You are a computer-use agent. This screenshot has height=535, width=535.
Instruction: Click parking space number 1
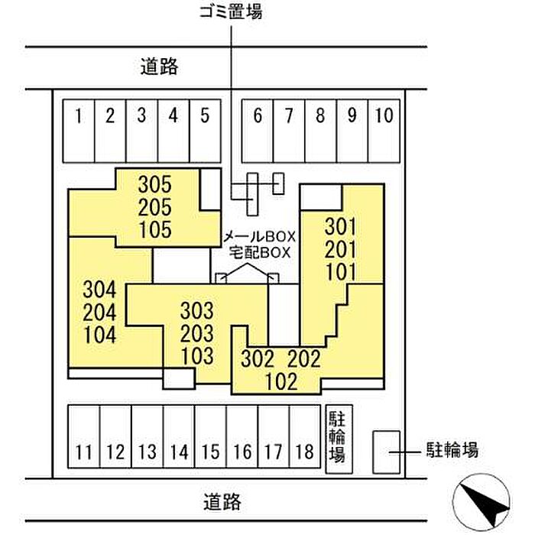[79, 131]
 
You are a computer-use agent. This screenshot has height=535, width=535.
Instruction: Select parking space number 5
[206, 131]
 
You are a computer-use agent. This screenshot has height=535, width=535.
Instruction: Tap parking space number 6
[258, 131]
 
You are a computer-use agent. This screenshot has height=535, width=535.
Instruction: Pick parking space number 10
[384, 131]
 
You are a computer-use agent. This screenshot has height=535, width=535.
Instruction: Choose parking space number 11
[84, 436]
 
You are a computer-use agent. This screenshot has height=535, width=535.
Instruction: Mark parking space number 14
[179, 436]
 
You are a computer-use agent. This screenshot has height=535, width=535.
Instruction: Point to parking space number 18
[305, 436]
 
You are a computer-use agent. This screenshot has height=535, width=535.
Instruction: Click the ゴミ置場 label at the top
[231, 11]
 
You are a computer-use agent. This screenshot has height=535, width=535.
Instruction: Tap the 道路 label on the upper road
[159, 66]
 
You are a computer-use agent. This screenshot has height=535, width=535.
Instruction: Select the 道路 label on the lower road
[222, 501]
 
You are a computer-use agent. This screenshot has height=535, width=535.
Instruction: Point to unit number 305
[155, 185]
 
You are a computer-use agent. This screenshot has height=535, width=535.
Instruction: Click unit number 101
[341, 272]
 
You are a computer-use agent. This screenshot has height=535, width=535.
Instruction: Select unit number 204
[99, 312]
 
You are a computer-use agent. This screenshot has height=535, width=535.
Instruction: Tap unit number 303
[197, 310]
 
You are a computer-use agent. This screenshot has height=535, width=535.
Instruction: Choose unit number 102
[281, 381]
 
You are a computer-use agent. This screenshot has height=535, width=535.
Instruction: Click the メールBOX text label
[259, 236]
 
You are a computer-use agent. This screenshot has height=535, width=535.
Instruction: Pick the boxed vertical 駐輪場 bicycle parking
[339, 439]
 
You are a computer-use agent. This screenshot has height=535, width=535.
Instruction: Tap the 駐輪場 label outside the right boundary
[452, 449]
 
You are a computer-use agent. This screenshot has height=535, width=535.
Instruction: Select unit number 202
[304, 358]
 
